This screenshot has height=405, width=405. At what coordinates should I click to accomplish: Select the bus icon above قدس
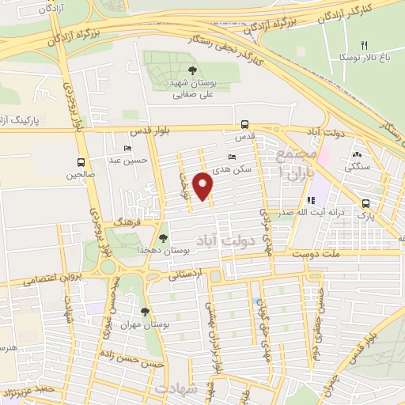click(x=244, y=124)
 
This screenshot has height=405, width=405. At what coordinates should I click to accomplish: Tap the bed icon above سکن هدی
click(x=232, y=157)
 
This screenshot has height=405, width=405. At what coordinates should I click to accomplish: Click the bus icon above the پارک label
click(x=365, y=202)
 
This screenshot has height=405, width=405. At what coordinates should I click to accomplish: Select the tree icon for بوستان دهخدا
click(x=164, y=237)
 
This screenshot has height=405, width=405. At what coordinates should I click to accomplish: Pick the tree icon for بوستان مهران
click(x=144, y=312)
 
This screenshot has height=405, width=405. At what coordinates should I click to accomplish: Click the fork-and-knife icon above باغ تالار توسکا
click(x=364, y=45)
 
